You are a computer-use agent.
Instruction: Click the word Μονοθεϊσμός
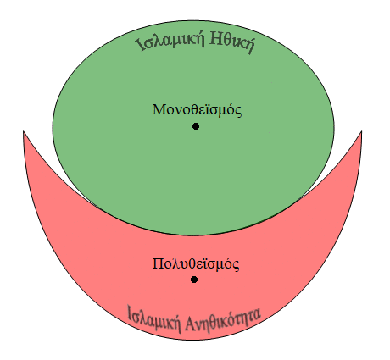(x=197, y=110)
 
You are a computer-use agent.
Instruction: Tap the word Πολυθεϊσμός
(x=196, y=264)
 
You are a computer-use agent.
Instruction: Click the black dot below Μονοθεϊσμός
(x=196, y=126)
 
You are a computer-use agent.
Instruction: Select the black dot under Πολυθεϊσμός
(x=194, y=280)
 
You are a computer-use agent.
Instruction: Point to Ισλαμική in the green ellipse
(x=170, y=42)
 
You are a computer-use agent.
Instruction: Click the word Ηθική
(x=232, y=43)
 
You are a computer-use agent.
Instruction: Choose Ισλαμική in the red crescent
(x=154, y=319)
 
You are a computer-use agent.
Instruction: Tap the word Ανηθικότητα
(x=223, y=320)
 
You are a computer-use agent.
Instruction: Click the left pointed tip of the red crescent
(x=23, y=131)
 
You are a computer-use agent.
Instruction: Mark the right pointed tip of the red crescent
(x=361, y=131)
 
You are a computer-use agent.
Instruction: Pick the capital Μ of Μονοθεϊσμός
(x=159, y=109)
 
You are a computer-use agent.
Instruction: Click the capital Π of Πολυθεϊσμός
(x=157, y=263)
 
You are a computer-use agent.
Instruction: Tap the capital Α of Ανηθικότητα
(x=190, y=324)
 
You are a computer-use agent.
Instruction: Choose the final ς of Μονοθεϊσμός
(x=239, y=111)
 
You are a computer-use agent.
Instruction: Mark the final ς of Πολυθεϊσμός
(x=237, y=265)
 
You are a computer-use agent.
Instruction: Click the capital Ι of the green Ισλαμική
(x=140, y=46)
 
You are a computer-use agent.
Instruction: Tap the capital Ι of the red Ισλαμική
(x=130, y=313)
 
